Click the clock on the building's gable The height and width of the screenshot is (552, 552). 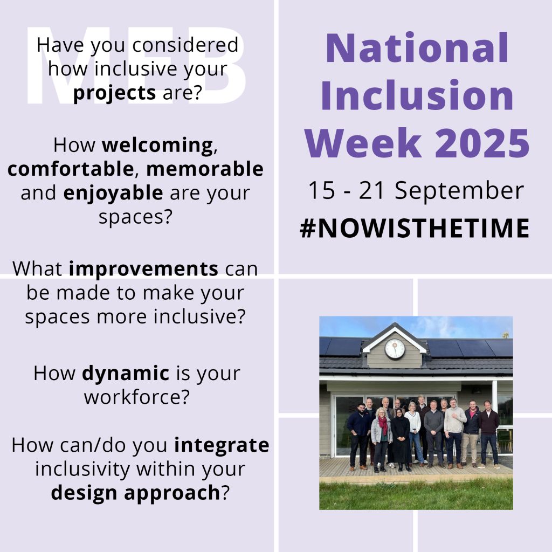click(395, 349)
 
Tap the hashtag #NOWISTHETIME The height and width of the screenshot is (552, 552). click(415, 229)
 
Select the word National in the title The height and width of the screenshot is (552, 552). click(417, 48)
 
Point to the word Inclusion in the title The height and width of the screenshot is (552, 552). click(421, 95)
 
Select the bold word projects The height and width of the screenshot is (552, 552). click(115, 93)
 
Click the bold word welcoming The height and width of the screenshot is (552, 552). click(156, 146)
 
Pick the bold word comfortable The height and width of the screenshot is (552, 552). click(70, 169)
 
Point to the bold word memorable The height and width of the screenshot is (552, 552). click(205, 169)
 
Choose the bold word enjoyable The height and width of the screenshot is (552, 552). click(113, 193)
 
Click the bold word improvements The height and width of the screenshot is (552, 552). click(143, 268)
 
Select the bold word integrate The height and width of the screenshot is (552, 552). click(222, 445)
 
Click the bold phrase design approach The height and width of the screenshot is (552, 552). click(136, 493)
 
